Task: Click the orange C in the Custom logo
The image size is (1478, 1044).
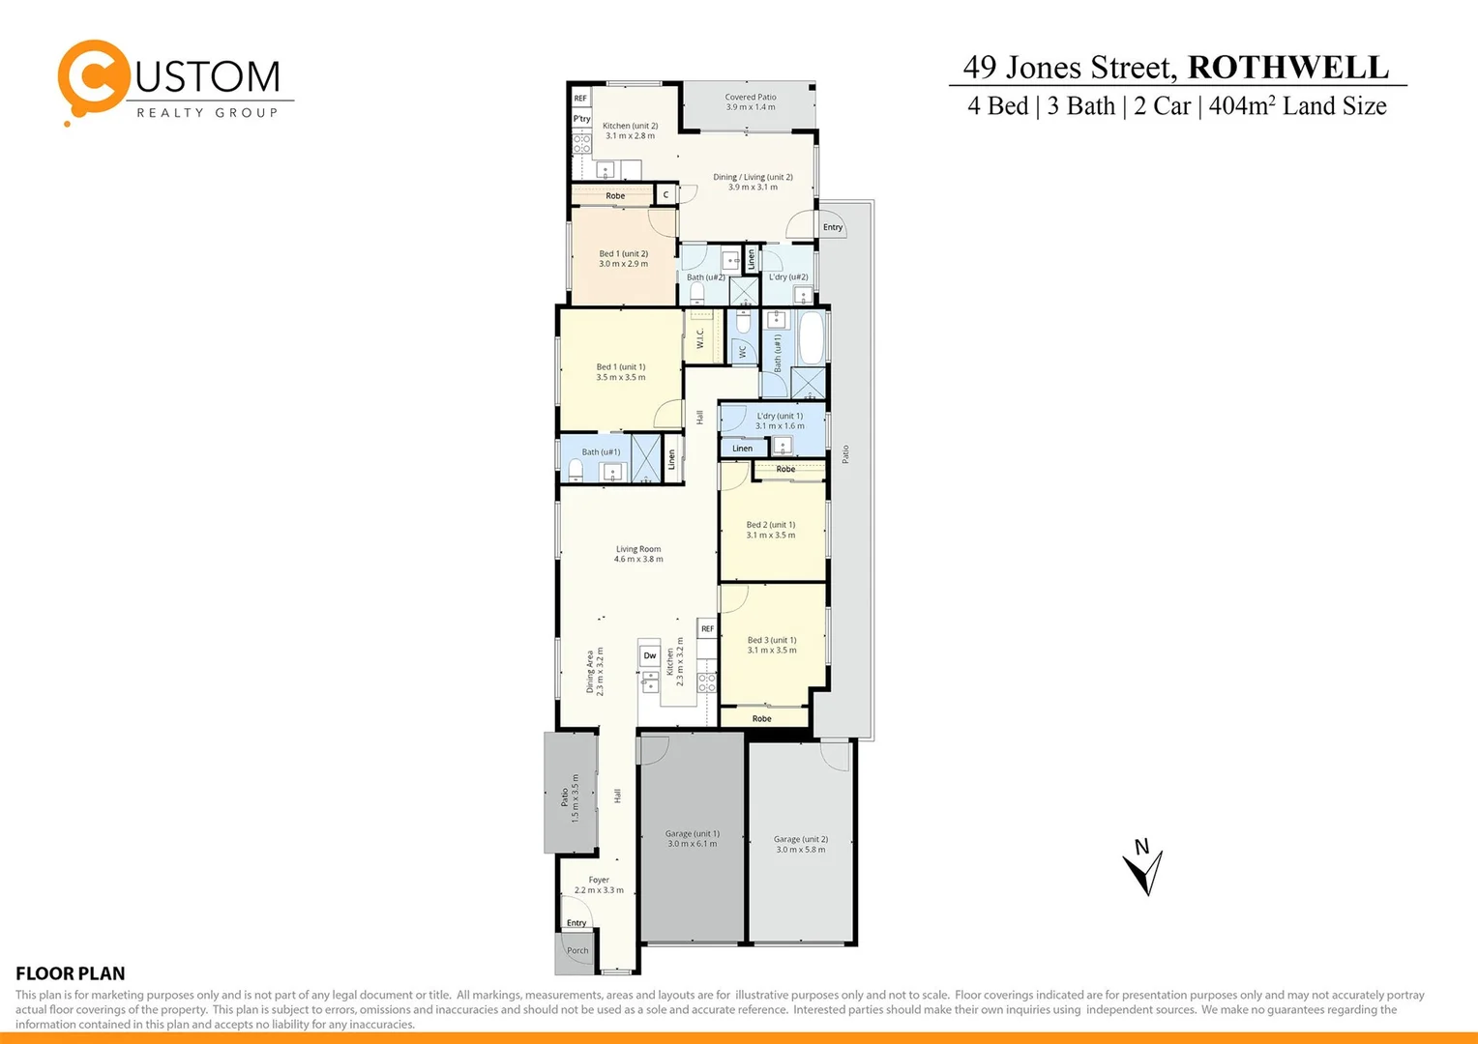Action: (x=93, y=76)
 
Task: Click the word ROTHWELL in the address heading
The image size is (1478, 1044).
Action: (x=1287, y=68)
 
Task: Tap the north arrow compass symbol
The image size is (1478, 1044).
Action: (x=1144, y=866)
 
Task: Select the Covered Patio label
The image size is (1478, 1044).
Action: (x=751, y=101)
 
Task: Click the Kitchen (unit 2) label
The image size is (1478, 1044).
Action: (x=630, y=130)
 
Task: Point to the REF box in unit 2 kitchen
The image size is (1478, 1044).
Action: (x=580, y=99)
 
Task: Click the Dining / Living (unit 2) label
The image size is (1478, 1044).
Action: (x=753, y=182)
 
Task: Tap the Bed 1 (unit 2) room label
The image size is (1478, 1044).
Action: (x=623, y=258)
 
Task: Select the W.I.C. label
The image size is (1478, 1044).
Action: (x=700, y=338)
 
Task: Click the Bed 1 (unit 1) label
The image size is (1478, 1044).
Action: (x=621, y=371)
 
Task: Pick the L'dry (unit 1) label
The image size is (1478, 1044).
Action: (x=780, y=420)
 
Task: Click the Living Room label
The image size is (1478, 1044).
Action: (x=638, y=554)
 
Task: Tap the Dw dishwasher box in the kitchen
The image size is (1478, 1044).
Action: (x=650, y=656)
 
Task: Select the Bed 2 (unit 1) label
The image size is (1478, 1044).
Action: (x=771, y=530)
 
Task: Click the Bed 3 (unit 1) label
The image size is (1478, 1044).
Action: (x=772, y=645)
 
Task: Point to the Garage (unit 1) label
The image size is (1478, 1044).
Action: (x=693, y=838)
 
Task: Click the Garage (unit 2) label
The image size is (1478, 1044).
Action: (x=801, y=844)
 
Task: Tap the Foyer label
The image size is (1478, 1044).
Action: (x=599, y=884)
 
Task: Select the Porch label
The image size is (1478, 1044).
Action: (x=577, y=951)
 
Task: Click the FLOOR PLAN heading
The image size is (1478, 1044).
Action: (x=71, y=973)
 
